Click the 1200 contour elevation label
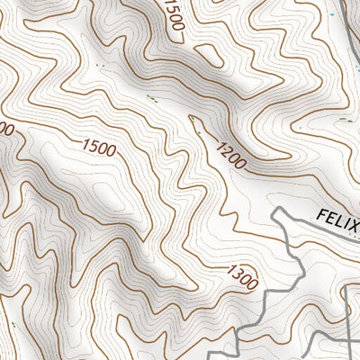pos(229,155)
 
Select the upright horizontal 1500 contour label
pos(98,147)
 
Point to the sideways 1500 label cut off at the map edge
pos(174,16)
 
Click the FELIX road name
pos(338,220)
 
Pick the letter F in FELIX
pos(322,212)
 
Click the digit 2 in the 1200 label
pos(225,150)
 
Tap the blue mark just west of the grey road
pos(345,16)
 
